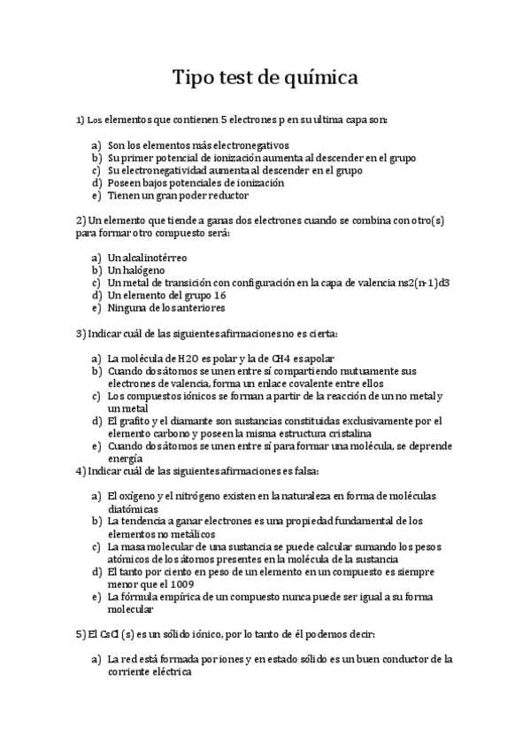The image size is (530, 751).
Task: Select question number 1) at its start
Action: tap(80, 118)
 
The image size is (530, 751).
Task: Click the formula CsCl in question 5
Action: tap(111, 635)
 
